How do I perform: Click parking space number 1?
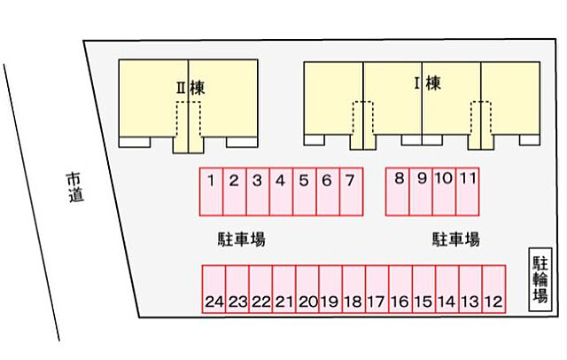click(211, 192)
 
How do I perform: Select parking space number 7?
click(352, 192)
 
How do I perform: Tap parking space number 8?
click(398, 192)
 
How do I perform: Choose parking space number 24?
click(214, 289)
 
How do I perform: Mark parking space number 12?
click(494, 289)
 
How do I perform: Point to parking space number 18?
click(354, 289)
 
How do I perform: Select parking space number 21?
click(283, 289)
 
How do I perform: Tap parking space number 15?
click(424, 289)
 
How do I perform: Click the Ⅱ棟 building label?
click(190, 88)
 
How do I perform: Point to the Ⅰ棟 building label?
click(428, 83)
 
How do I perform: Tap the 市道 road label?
click(75, 187)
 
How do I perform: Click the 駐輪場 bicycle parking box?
click(540, 279)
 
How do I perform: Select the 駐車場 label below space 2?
click(241, 239)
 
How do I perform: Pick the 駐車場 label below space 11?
click(456, 239)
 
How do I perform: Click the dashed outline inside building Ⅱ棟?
click(189, 102)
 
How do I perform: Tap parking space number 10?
click(445, 192)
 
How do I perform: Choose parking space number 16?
click(400, 289)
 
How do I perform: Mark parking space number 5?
click(305, 192)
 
